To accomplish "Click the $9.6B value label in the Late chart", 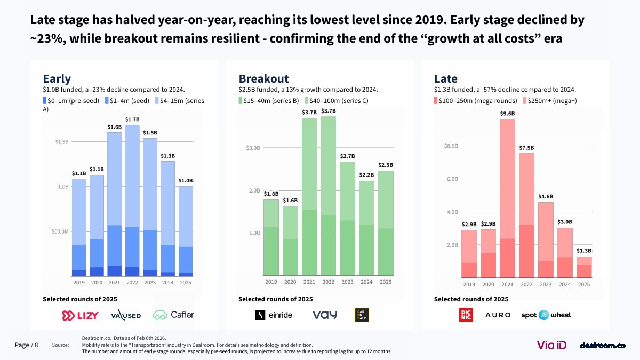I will coord(507,114).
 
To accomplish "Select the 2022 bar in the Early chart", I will coord(132,200).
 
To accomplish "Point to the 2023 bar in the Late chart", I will coord(546,240).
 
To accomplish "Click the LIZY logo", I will coord(81,315).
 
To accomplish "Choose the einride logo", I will coord(274,315).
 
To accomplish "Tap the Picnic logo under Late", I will coord(466,315).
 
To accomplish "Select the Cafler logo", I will coord(174,315).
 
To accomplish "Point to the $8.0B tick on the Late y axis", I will coord(451,146).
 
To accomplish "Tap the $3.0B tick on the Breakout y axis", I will coord(253,148).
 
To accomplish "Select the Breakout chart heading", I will coord(263,79).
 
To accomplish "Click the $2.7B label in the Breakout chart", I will coord(347,156).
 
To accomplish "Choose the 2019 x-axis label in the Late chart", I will coord(469,285).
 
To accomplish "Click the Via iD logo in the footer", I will coord(551,345).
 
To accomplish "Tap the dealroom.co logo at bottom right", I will coord(602,346).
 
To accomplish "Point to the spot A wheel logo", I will coord(546,315).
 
